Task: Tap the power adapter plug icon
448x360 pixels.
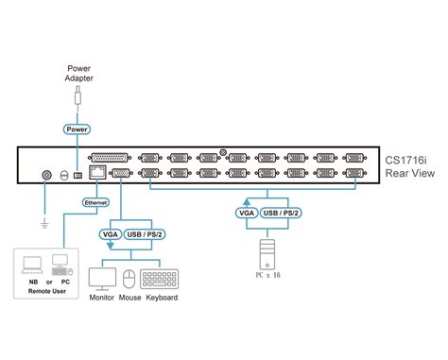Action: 78,99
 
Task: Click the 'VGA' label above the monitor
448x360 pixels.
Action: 107,234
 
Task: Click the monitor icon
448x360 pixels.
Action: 101,279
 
